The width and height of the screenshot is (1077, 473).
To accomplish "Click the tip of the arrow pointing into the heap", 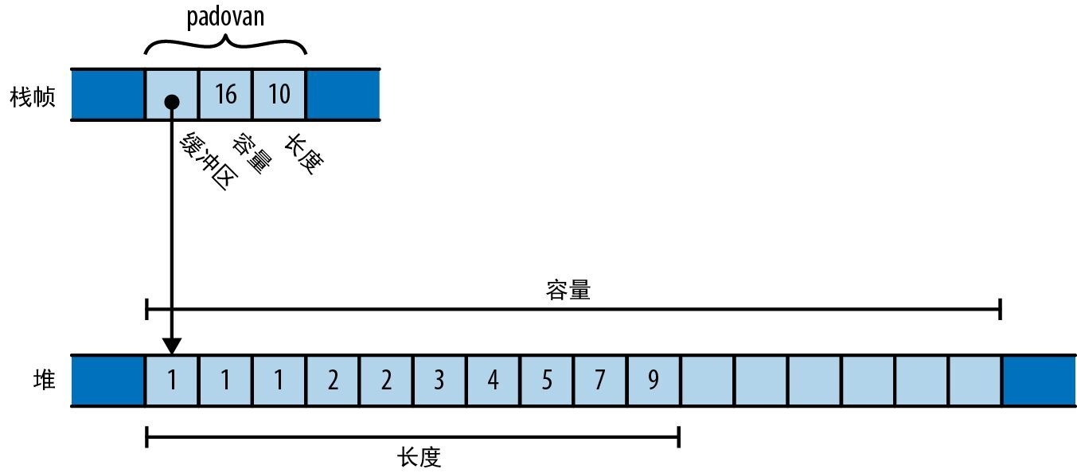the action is pos(172,354).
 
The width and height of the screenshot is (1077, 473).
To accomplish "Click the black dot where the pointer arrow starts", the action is pos(172,102).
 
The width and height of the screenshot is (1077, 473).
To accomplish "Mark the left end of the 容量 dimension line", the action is pos(146,309).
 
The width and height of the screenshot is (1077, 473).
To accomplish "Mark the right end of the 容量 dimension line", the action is pos(1000,309).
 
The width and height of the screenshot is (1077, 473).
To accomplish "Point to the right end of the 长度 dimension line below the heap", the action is pos(678,437).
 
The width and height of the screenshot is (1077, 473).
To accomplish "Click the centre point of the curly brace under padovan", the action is pos(225,36).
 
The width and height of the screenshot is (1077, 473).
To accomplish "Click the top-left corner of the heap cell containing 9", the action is pos(627,357).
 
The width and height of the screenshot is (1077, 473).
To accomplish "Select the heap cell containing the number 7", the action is pos(599,381).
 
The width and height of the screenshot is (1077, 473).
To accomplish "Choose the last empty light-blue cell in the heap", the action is pos(974,381).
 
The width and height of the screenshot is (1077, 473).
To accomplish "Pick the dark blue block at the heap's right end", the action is pos(1040,381).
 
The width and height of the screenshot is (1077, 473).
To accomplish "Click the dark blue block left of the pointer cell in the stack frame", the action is pos(107,94).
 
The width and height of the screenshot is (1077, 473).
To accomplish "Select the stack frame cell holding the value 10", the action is pos(279,94).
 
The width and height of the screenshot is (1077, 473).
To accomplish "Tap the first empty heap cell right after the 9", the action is pos(707,381).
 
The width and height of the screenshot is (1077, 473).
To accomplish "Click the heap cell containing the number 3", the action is pos(439,381).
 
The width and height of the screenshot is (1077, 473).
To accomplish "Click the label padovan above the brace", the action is pos(225,17).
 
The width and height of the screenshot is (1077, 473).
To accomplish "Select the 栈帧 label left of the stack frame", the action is pos(33,96).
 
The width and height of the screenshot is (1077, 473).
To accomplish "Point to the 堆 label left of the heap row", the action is pos(45,380).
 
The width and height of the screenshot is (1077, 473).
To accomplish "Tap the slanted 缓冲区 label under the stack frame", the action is pos(209,160).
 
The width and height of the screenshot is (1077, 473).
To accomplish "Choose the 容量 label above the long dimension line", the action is pos(568,290).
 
